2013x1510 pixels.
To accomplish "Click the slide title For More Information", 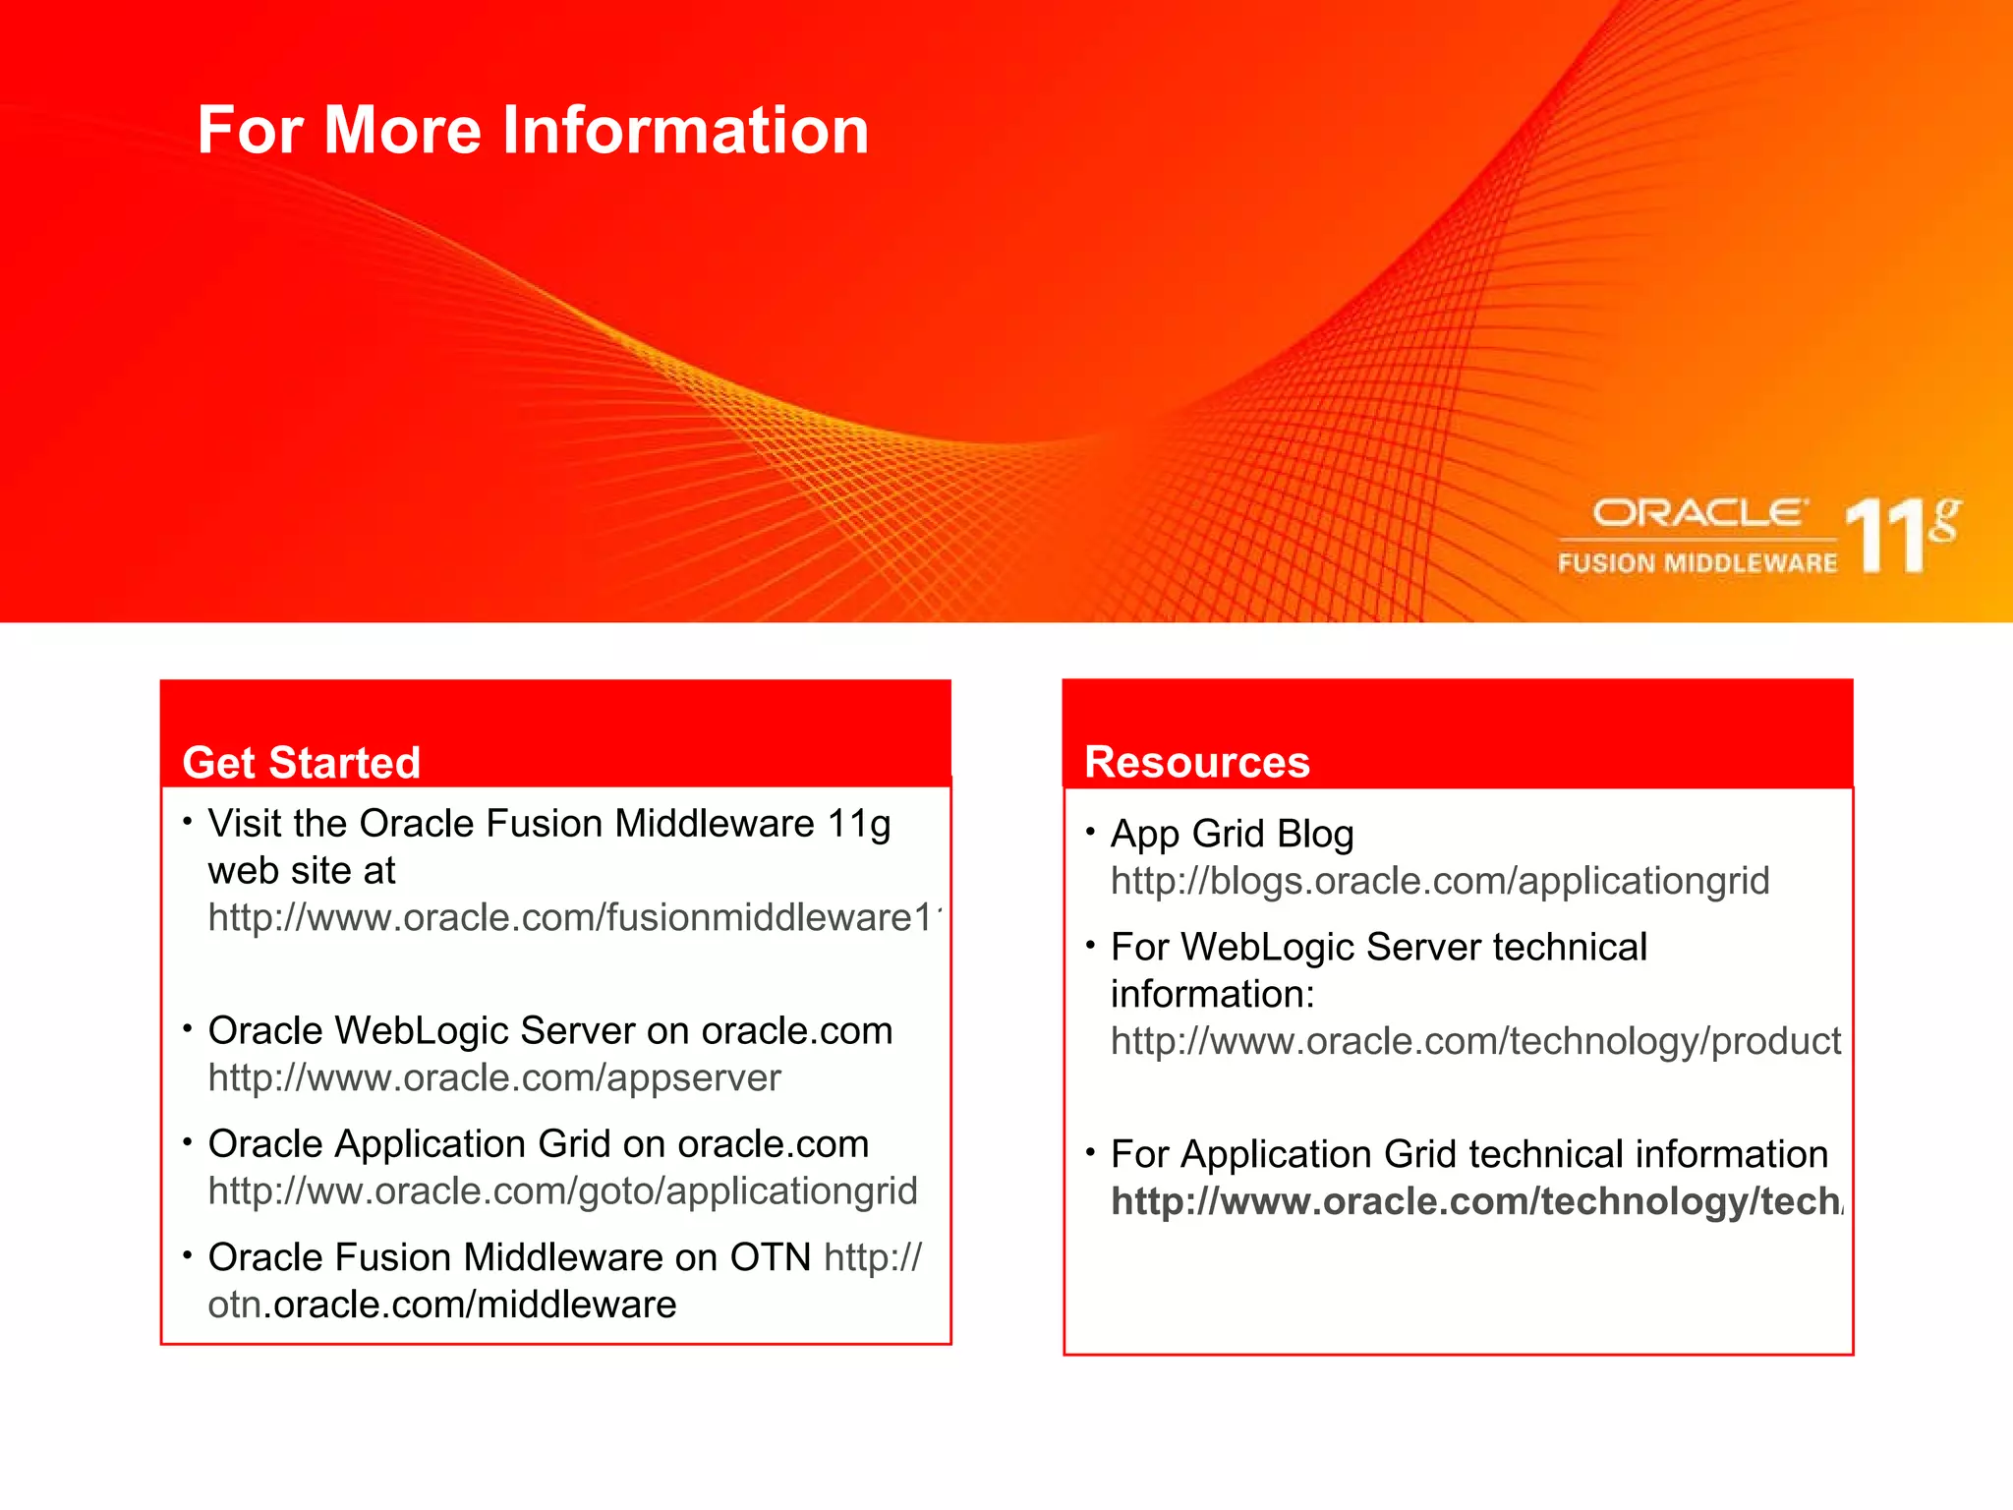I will [x=533, y=131].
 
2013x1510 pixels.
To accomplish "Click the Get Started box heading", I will [x=301, y=763].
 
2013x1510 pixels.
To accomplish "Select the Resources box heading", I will [x=1196, y=763].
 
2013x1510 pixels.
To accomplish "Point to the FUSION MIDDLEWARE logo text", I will [x=1697, y=563].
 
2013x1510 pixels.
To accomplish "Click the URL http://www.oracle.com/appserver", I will [x=494, y=1078].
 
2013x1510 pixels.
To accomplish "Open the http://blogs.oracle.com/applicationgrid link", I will [x=1439, y=881].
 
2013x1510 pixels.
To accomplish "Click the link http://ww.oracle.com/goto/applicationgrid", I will [x=562, y=1191].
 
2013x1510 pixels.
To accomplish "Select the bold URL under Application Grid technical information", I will [x=1476, y=1201].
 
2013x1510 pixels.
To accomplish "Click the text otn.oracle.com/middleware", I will [x=442, y=1305].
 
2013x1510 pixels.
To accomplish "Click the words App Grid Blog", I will [x=1232, y=834].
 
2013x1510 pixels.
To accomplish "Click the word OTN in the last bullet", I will [x=770, y=1257].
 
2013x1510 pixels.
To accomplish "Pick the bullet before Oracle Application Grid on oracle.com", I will [x=187, y=1141].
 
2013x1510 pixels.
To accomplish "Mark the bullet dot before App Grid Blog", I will [x=1090, y=832].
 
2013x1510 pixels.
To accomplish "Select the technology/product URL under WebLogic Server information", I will [x=1474, y=1041].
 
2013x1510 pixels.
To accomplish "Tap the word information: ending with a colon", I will [x=1212, y=995].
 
